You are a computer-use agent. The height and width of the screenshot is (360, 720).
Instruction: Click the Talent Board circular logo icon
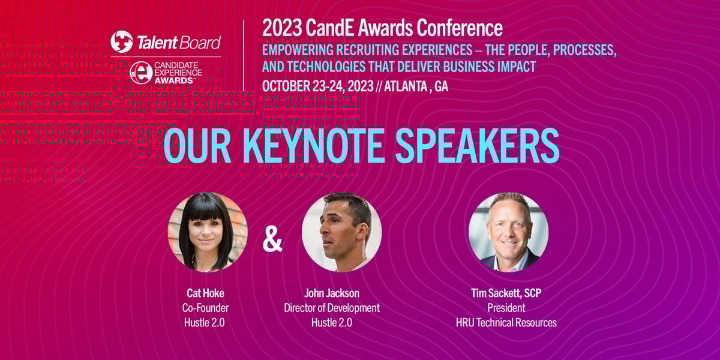click(x=121, y=42)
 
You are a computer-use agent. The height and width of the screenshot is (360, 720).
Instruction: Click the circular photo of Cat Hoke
click(x=208, y=232)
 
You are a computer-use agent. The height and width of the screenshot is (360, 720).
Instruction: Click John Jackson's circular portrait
click(x=341, y=232)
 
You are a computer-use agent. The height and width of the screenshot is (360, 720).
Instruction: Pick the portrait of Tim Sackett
click(x=508, y=232)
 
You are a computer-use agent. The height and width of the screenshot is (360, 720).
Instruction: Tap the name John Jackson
click(x=331, y=293)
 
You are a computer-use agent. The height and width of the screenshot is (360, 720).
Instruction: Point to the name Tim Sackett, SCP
click(x=506, y=293)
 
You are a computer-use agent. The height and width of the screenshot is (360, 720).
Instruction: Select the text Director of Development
click(x=331, y=308)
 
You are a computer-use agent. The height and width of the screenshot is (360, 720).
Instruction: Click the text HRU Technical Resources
click(x=506, y=322)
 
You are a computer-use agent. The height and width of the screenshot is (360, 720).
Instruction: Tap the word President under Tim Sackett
click(x=506, y=308)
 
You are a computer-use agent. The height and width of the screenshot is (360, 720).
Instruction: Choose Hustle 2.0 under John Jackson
click(x=331, y=322)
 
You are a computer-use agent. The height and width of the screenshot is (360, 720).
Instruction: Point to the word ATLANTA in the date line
click(x=406, y=86)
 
